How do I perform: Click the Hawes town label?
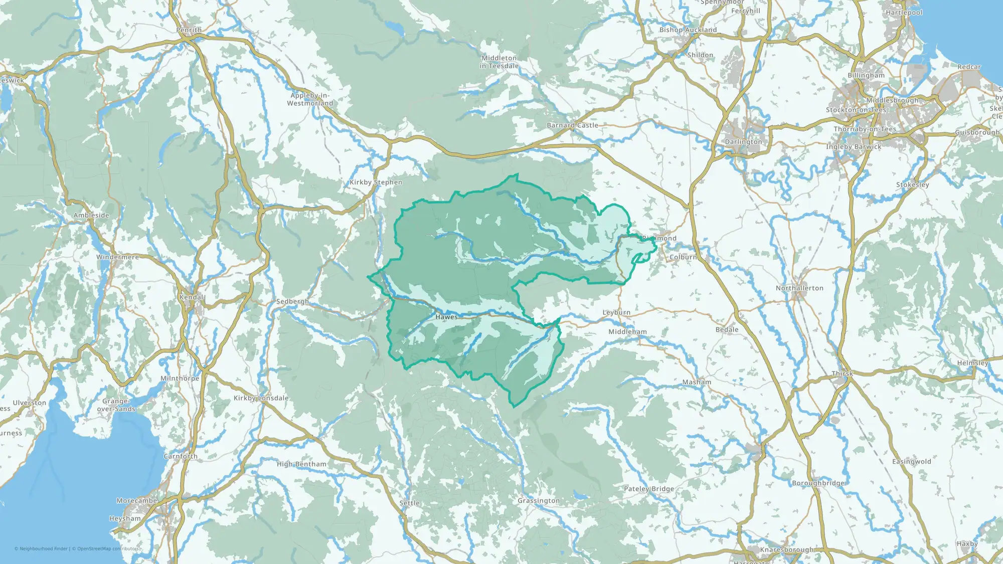point(446,317)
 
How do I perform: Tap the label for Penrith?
point(189,30)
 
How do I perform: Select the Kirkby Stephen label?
point(376,182)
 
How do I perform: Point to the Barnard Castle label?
point(572,125)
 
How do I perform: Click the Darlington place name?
point(743,142)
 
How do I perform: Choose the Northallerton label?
point(799,288)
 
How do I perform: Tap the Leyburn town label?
point(616,312)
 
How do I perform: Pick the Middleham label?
point(627,332)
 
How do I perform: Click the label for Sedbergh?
point(292,301)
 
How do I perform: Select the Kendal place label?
point(192,297)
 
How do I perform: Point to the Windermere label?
point(118,257)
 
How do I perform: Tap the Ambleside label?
point(91,216)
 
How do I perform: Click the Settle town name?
point(409,503)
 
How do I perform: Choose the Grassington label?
point(538,500)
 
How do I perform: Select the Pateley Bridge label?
point(648,489)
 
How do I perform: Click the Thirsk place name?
point(842,373)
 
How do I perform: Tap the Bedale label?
point(727,329)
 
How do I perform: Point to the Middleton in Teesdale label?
point(498,62)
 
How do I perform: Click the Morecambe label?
point(136,501)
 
